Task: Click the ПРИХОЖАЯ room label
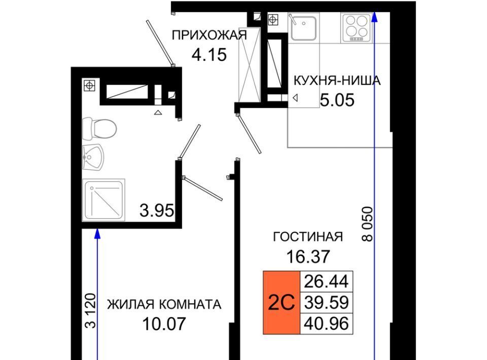click(x=210, y=35)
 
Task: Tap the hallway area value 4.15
click(x=210, y=55)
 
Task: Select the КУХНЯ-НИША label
click(x=337, y=81)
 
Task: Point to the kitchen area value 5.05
click(x=337, y=100)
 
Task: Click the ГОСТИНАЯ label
click(x=308, y=237)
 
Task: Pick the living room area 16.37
click(x=308, y=257)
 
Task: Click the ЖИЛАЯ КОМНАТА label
click(x=164, y=304)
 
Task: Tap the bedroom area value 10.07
click(x=164, y=324)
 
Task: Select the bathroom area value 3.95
click(x=157, y=211)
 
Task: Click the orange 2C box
click(x=282, y=303)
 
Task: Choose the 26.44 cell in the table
click(x=326, y=282)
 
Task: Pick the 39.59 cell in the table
click(x=326, y=303)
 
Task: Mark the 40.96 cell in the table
click(x=326, y=323)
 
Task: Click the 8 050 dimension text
click(x=367, y=224)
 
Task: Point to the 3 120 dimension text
click(x=90, y=311)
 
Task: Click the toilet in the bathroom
click(x=99, y=128)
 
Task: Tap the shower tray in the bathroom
click(x=103, y=200)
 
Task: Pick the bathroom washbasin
click(x=93, y=157)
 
